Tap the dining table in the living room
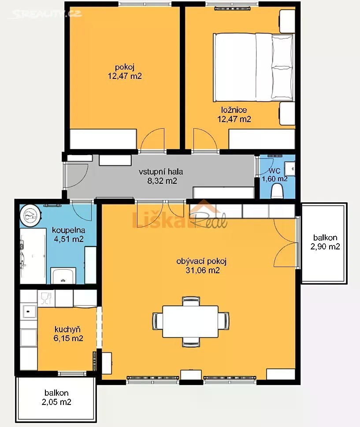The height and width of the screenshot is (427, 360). pos(190,322)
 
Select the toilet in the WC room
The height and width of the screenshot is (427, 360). pos(278,191)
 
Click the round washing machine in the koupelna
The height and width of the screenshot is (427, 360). pos(30,215)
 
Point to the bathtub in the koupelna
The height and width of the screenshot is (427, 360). pos(33,256)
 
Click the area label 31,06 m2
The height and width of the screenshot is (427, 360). pos(203,270)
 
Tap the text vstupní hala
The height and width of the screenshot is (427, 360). pos(161,172)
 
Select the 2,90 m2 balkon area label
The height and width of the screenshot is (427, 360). pos(325,246)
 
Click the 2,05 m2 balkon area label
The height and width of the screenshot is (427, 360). pos(56,402)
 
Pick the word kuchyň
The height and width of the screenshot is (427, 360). pos(67,330)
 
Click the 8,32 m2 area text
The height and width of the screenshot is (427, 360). pos(162,181)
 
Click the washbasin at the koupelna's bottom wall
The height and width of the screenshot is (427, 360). pos(63,276)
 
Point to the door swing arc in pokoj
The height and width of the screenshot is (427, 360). pos(153,139)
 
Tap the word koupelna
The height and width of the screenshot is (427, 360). pos(68,230)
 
